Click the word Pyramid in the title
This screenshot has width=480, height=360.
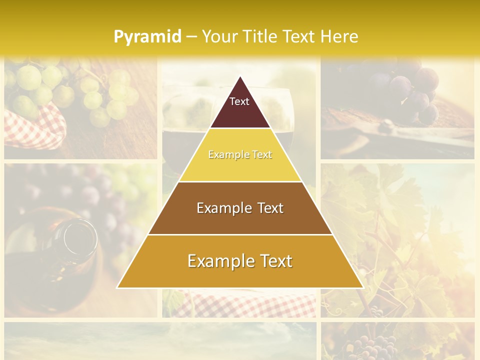(x=147, y=36)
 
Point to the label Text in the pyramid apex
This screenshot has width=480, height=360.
(x=239, y=101)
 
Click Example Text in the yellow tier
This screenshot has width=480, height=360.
(x=240, y=155)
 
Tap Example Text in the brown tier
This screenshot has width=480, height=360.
(x=240, y=208)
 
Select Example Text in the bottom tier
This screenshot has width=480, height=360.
(x=240, y=261)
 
